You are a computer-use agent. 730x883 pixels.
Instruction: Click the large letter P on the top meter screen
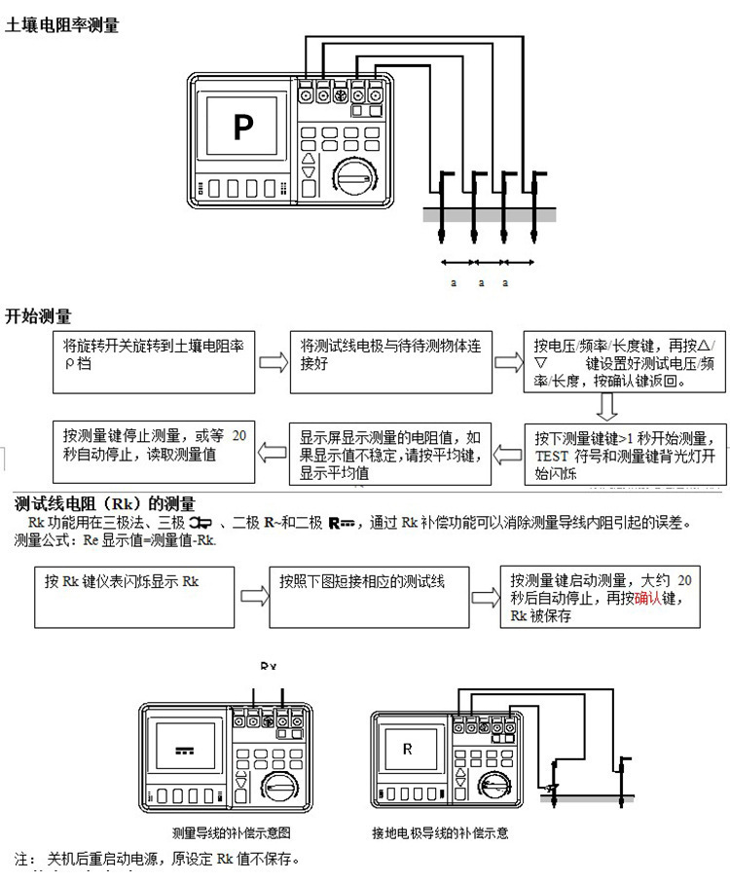241,126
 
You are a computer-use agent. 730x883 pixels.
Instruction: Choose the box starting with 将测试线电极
391,361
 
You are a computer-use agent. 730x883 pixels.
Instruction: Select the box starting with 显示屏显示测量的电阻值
391,453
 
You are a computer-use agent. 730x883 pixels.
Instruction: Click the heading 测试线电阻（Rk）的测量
105,504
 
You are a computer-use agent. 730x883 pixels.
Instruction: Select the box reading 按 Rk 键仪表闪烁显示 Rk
135,596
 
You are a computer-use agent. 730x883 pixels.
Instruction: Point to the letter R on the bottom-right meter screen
408,749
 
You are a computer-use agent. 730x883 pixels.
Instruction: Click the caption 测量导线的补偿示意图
232,834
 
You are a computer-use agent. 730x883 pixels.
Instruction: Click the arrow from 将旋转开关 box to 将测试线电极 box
273,362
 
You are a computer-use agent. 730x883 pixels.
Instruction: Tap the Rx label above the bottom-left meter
269,666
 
